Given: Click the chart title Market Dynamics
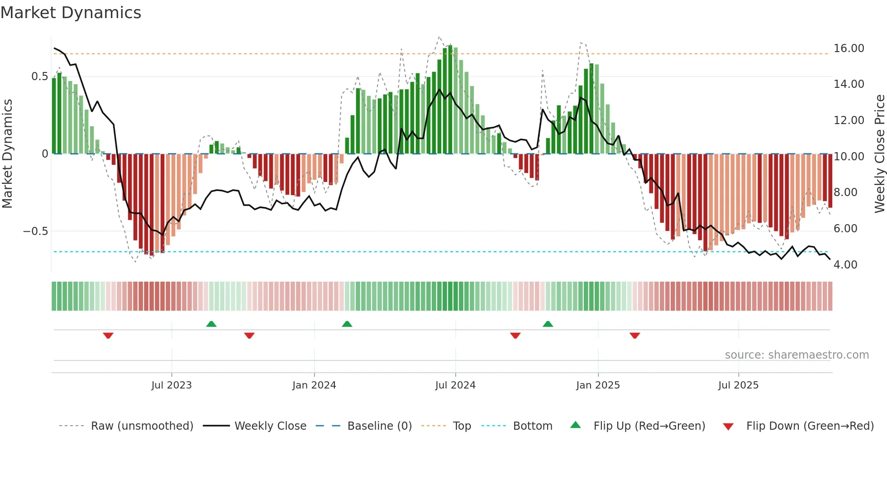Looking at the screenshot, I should (x=71, y=13).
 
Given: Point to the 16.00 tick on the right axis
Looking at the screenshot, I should (x=849, y=48).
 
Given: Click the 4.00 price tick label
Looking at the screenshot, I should (x=845, y=265).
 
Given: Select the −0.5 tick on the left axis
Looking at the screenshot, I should (x=36, y=231).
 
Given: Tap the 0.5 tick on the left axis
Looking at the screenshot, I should (x=39, y=77).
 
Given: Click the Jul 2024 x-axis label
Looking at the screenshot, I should (x=455, y=385).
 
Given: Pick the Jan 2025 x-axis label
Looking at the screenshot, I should (x=598, y=385).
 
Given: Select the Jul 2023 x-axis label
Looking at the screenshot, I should (x=172, y=385).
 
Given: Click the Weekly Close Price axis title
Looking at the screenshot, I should (x=879, y=154).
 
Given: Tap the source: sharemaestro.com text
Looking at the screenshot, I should (x=796, y=355).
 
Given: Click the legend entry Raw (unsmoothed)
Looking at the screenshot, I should (x=142, y=426).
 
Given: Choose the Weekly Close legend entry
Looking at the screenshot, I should (x=270, y=426).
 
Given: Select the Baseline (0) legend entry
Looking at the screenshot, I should (x=379, y=426).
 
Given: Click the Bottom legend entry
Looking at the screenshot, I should (x=532, y=426).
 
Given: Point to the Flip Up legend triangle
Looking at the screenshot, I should (x=575, y=425).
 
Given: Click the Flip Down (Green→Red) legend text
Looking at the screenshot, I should (x=810, y=426).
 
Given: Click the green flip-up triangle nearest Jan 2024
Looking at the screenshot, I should (x=347, y=324).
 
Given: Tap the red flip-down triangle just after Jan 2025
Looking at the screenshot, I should (x=634, y=336).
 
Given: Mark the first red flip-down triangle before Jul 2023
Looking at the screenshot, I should (x=108, y=336).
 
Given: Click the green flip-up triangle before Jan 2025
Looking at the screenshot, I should (x=548, y=324).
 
